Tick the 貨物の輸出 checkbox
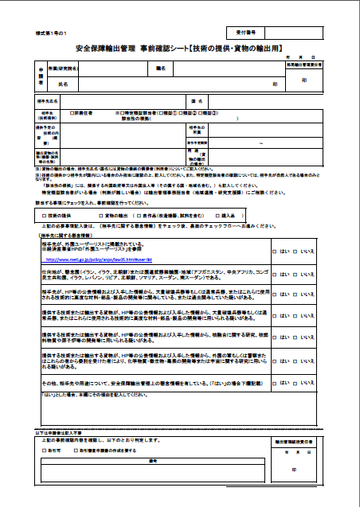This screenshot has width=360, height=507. click(x=101, y=215)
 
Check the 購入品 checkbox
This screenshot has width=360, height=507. click(x=214, y=215)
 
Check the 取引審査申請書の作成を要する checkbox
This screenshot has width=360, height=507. click(x=69, y=450)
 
